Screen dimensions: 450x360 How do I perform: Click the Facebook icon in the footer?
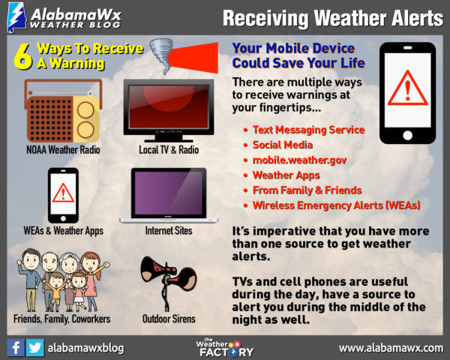(16, 348)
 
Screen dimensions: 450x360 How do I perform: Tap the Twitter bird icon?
(35, 348)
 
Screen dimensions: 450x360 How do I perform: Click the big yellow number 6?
(23, 56)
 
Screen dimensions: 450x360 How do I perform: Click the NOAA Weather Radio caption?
(63, 150)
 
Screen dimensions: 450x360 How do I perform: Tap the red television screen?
(169, 106)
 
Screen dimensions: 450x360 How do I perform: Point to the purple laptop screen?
(169, 193)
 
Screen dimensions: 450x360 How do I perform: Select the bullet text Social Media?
(283, 145)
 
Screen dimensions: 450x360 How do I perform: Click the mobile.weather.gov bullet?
(299, 160)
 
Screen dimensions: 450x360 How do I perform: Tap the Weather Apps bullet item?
(286, 175)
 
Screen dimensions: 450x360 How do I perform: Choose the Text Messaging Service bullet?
(308, 130)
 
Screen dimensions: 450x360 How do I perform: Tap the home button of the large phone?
(407, 135)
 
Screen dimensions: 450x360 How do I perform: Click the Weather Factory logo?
(224, 348)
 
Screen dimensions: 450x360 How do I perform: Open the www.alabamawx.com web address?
(391, 348)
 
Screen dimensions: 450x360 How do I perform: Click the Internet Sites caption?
(169, 230)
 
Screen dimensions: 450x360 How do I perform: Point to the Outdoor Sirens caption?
(169, 319)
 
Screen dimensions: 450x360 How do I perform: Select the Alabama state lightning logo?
(16, 18)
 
